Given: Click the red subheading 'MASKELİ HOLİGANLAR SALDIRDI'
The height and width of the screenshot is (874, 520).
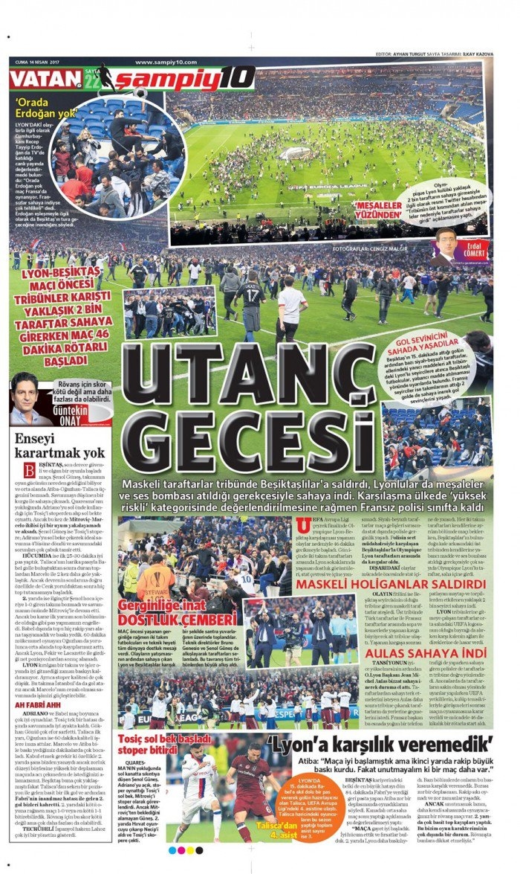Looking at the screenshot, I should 391,584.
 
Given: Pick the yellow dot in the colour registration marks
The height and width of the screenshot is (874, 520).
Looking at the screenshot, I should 181,850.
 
